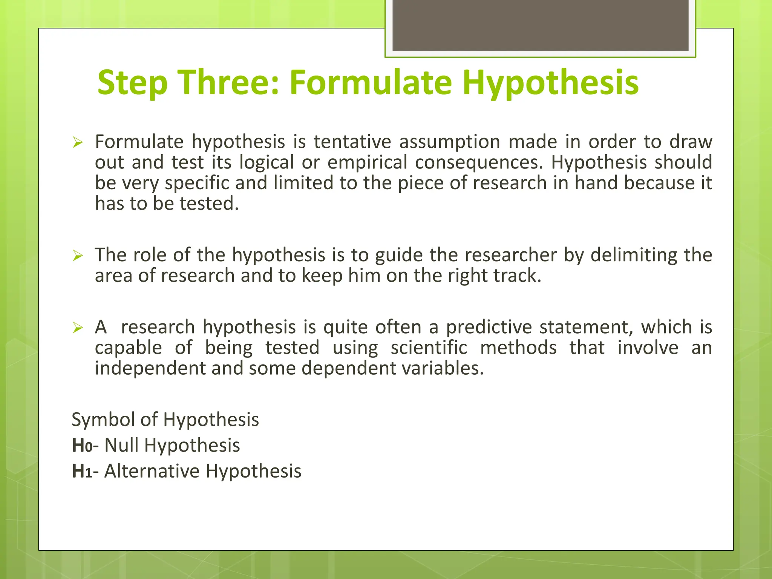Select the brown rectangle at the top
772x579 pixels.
[540, 25]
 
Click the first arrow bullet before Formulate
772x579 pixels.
[78, 143]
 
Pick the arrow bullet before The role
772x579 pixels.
[78, 256]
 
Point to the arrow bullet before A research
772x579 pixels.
[78, 328]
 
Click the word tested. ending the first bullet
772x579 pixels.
[209, 204]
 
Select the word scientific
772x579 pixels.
[429, 348]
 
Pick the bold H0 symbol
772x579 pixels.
[82, 446]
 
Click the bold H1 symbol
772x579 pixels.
[82, 472]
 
